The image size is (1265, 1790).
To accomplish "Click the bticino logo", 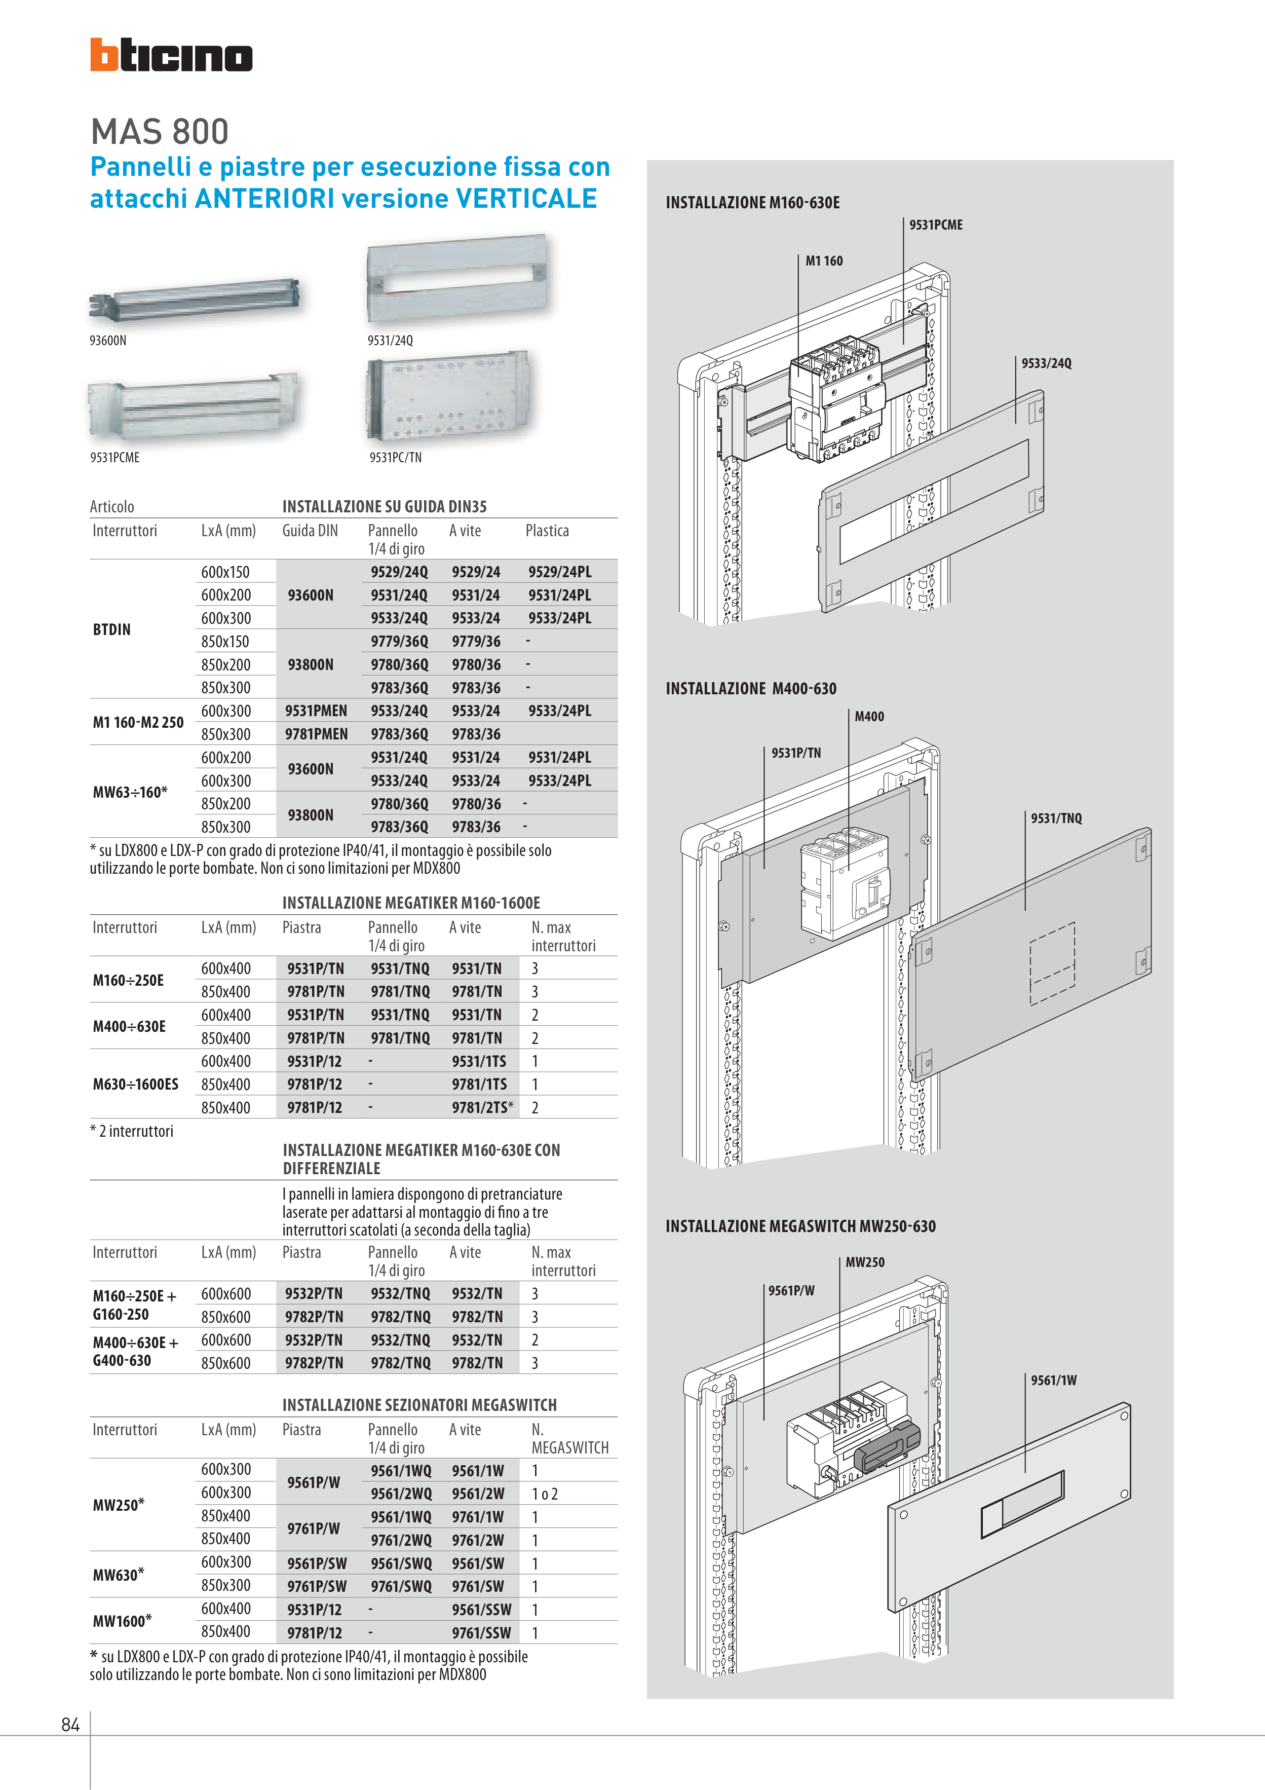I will point(171,55).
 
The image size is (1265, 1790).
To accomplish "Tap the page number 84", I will point(70,1725).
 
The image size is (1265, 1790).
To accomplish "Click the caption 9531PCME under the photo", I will point(114,458).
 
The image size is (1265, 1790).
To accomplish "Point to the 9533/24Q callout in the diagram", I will point(1046,363).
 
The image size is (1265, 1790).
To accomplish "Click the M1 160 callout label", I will point(824,261).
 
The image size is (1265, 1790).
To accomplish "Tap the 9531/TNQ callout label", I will point(1056,818).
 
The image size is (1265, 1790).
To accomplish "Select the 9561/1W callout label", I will point(1054,1380).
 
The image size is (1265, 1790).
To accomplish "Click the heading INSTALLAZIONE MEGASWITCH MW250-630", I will point(800,1225).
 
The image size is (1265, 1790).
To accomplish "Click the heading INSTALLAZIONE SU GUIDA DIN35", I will point(384,507).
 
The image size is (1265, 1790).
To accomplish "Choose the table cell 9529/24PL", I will point(560,572).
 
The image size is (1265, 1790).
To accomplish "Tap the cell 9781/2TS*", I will point(482,1107).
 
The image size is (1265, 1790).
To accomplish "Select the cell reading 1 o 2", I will point(545,1494).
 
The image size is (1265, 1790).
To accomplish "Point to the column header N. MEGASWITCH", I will point(569,1438).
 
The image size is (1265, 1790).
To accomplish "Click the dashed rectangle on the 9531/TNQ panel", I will point(1052,963).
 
